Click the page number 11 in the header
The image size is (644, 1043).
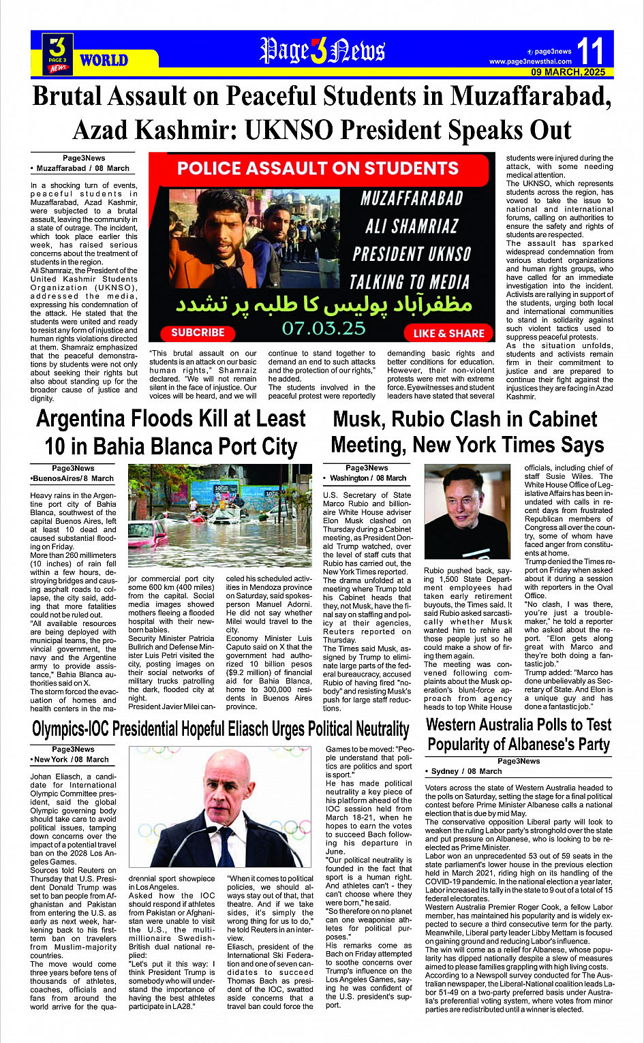[x=590, y=51]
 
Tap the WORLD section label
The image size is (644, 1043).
[x=104, y=60]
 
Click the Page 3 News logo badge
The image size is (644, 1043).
[x=58, y=53]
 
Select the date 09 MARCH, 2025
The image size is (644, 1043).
[x=568, y=72]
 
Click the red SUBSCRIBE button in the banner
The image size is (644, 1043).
[x=198, y=332]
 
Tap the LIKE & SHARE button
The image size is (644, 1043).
[x=448, y=333]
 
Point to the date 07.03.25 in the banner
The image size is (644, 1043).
[x=324, y=328]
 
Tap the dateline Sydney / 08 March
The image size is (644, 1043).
[x=466, y=771]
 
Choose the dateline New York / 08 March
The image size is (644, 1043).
[x=71, y=759]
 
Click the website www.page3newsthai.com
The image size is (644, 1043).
[x=530, y=62]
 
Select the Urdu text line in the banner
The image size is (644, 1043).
[x=324, y=305]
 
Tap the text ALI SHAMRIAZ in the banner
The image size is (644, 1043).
[x=412, y=226]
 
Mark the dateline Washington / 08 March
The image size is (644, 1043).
[x=368, y=478]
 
